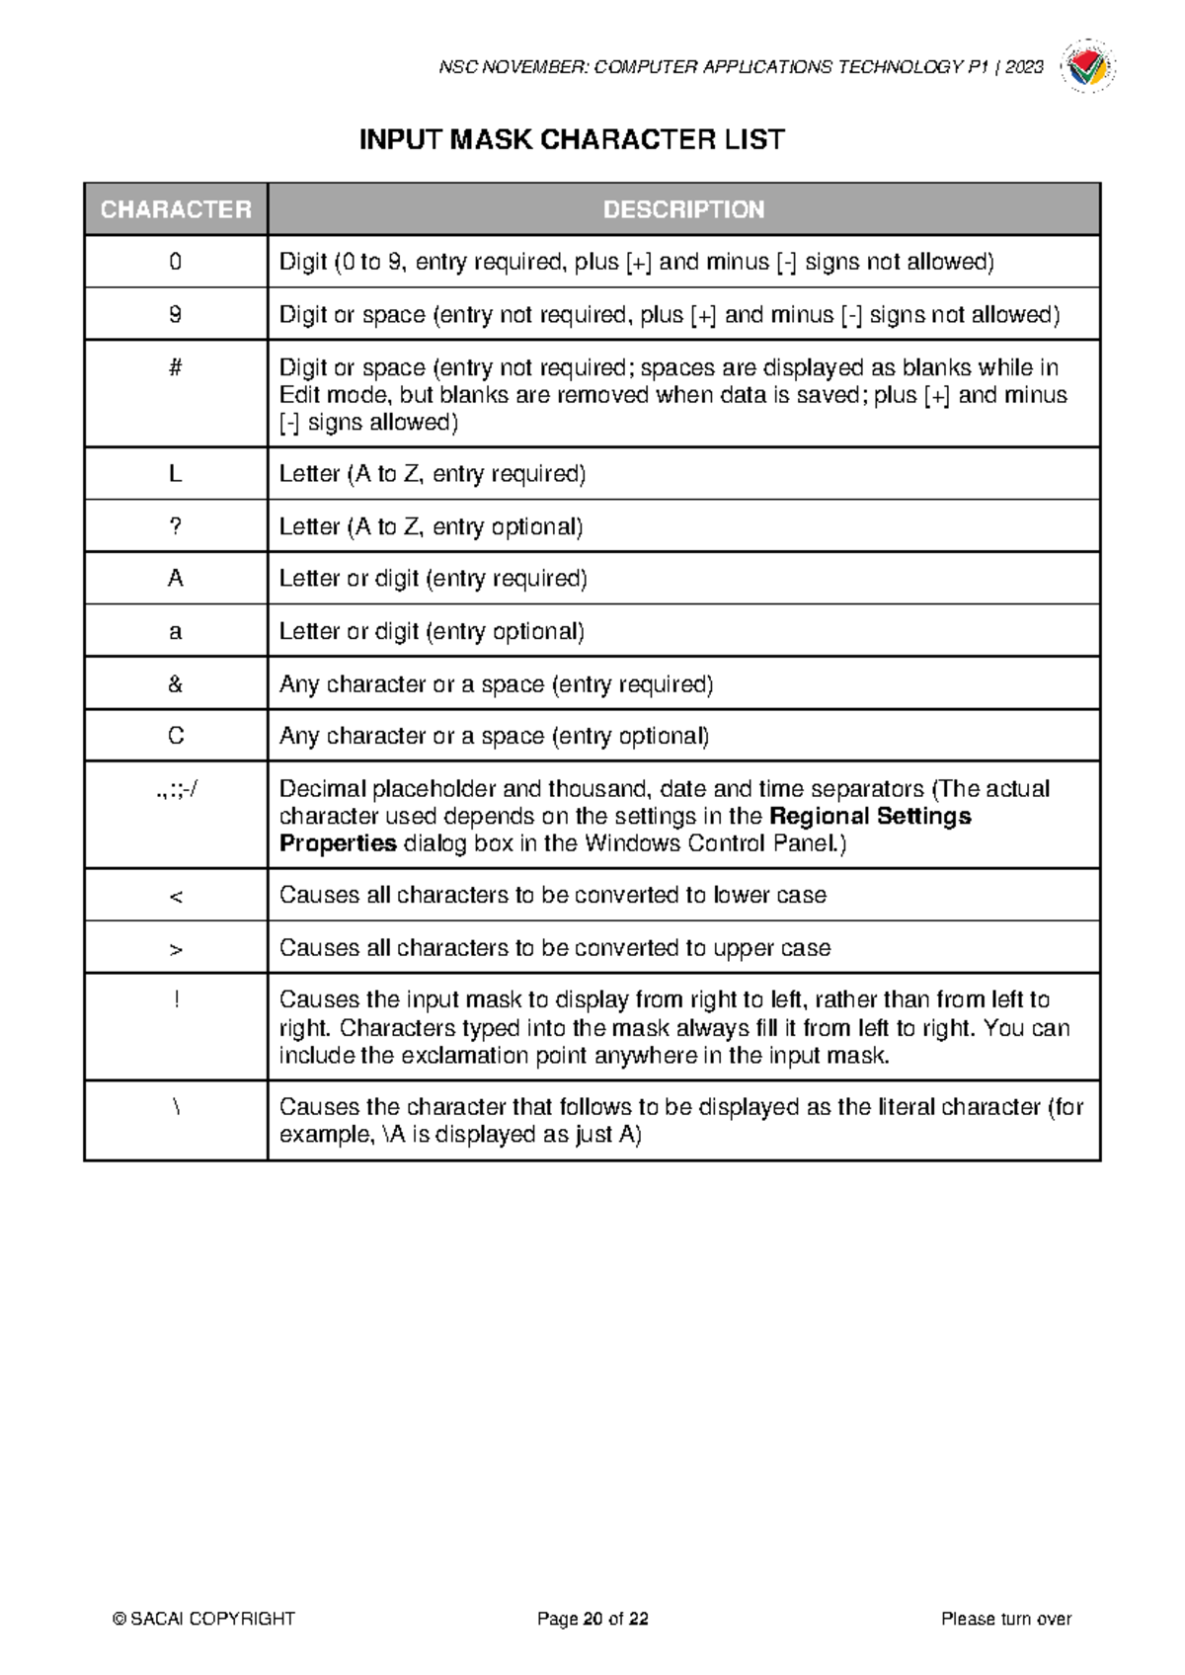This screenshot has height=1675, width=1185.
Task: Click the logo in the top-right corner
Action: tap(1087, 67)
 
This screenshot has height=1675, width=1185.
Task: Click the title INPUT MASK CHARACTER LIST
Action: tap(572, 140)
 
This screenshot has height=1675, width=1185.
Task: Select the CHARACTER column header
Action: tap(176, 209)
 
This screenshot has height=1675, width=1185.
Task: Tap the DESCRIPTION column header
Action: tap(683, 209)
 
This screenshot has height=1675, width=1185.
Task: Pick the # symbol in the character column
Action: tap(176, 367)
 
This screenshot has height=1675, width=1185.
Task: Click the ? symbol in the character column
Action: tap(176, 526)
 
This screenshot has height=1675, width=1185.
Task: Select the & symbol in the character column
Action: tap(176, 683)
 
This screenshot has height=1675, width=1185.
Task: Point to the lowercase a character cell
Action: tap(176, 631)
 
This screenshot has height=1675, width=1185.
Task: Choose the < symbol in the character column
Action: tap(176, 897)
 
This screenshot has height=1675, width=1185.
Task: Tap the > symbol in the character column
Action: tap(176, 949)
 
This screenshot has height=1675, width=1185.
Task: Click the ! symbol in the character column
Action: tap(176, 999)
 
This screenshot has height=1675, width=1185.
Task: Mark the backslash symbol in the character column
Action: tap(176, 1107)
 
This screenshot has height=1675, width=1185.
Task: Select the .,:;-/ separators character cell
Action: tap(176, 789)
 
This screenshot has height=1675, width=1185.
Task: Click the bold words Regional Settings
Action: tap(870, 817)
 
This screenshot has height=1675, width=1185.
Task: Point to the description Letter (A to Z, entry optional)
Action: tap(431, 526)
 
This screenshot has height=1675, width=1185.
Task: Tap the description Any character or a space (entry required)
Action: tap(496, 683)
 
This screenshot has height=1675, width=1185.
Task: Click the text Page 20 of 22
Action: tap(592, 1619)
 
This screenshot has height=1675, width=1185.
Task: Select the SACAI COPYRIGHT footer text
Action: tap(204, 1619)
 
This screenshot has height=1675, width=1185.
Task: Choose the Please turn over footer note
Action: tap(1006, 1619)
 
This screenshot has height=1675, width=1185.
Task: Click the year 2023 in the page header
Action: tap(1024, 67)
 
